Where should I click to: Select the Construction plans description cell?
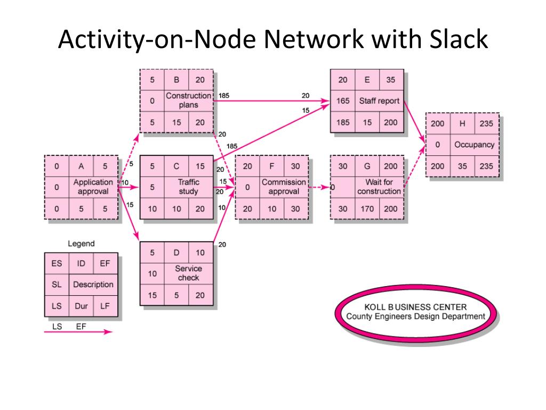pos(188,100)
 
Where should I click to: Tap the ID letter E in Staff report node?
pos(367,80)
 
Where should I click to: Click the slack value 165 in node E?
pos(343,101)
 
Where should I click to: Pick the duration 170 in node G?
pos(367,209)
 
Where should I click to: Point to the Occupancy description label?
pos(474,145)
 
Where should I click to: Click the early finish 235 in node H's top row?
pos(486,123)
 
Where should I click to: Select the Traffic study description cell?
pos(188,187)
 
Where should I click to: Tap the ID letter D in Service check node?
pos(176,253)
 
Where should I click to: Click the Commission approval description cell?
pos(284,187)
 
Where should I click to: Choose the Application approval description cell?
pos(93,187)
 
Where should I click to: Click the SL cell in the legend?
pos(57,285)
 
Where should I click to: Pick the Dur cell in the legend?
pos(81,306)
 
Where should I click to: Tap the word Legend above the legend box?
pos(81,243)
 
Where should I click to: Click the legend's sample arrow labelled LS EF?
pos(78,332)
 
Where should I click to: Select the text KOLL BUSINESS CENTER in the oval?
pos(415,307)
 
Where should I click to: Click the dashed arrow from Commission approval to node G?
pos(319,187)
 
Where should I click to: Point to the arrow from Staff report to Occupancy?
pos(415,122)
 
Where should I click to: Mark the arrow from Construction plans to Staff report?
pos(271,101)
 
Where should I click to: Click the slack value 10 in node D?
pos(152,274)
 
